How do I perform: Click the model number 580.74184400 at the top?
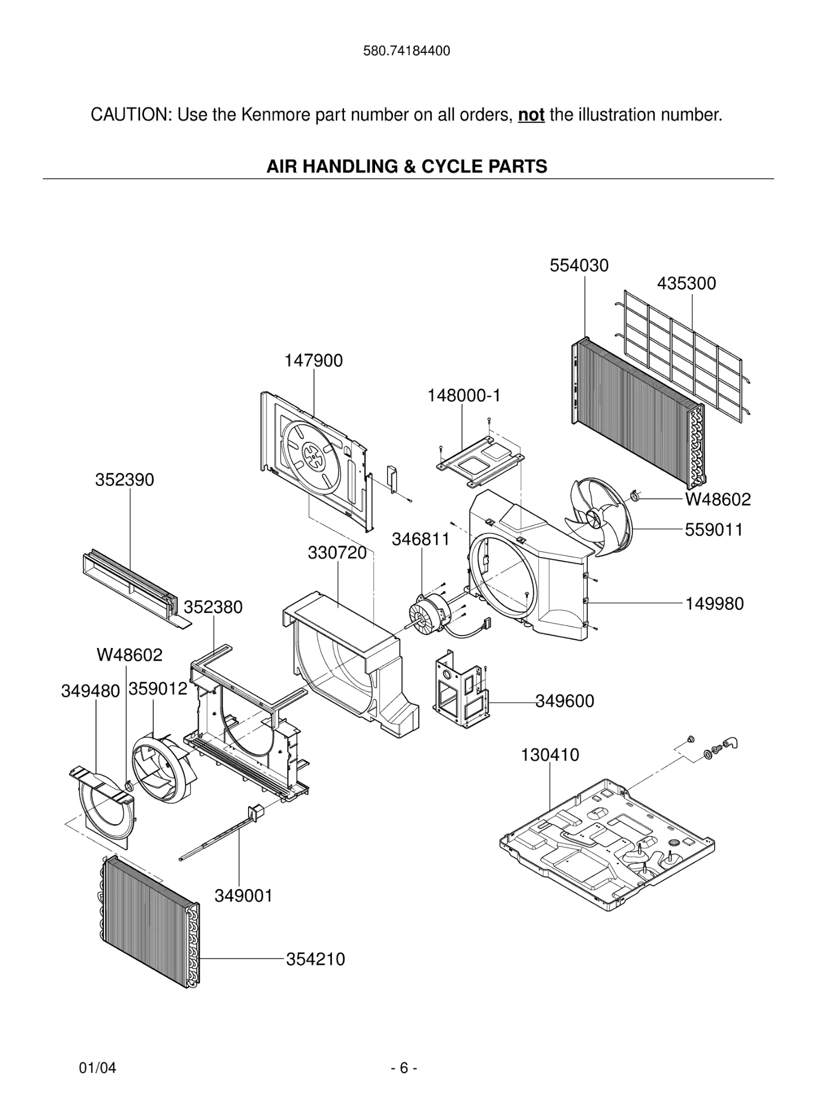tap(406, 51)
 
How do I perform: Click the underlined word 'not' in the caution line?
tap(531, 115)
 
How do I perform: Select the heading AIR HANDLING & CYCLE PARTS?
tap(407, 166)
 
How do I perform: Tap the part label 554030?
tap(579, 266)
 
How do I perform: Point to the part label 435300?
tap(686, 284)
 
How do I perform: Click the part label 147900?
tap(313, 361)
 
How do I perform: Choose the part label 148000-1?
tap(463, 395)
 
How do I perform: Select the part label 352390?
tap(124, 480)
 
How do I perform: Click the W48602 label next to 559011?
tap(717, 500)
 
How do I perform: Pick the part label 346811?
tap(421, 539)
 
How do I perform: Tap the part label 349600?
tap(565, 701)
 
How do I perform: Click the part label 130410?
tap(550, 755)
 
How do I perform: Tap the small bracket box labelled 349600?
tap(461, 692)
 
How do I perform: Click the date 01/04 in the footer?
tap(98, 1068)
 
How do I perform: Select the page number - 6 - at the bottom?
tap(404, 1068)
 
